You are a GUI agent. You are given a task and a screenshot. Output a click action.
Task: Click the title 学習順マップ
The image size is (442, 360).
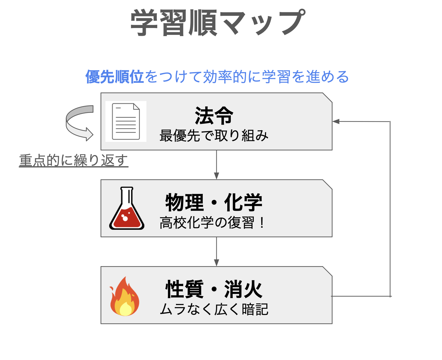tap(218, 23)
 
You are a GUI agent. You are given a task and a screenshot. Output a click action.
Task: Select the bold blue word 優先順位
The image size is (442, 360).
tap(115, 77)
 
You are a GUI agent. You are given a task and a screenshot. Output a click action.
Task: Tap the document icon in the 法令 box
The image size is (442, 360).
tap(126, 121)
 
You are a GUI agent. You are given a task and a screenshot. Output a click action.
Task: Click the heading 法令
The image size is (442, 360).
tap(214, 116)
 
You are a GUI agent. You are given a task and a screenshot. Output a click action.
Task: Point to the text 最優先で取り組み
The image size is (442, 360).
tap(214, 136)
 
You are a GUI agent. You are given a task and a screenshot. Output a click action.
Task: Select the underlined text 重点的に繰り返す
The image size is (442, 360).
tap(73, 160)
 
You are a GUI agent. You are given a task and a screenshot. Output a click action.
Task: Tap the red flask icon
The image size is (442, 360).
tap(127, 209)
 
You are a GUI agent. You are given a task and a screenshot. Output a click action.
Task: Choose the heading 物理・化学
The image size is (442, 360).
tap(214, 202)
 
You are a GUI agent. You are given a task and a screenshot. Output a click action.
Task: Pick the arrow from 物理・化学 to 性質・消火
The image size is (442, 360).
tap(217, 252)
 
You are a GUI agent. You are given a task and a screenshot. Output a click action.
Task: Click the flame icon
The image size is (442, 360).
tap(125, 297)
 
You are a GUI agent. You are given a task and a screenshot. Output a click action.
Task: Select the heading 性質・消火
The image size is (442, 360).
tap(214, 289)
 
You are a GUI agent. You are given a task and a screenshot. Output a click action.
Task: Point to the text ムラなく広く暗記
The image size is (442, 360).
tap(214, 309)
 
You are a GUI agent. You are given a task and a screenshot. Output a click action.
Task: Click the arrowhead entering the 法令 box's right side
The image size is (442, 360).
tap(336, 121)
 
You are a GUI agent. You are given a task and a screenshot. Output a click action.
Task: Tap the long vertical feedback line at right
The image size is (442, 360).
tap(390, 209)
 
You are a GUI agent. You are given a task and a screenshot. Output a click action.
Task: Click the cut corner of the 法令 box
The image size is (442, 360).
tap(327, 97)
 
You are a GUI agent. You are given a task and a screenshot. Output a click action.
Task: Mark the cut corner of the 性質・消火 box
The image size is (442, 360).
tap(327, 271)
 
